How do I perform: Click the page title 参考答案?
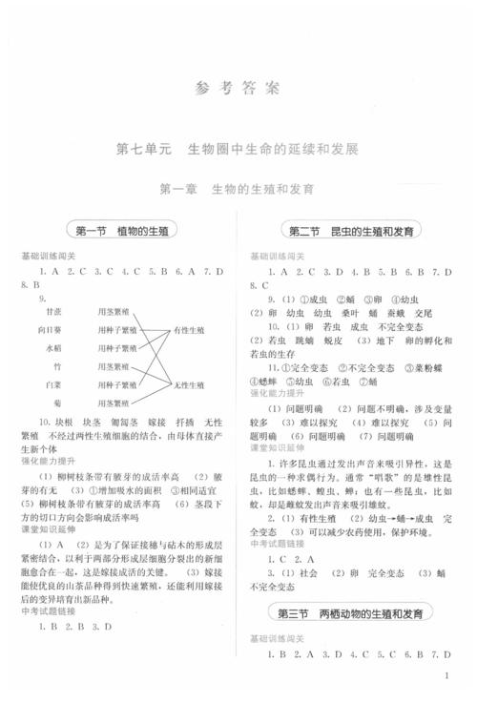tap(238, 89)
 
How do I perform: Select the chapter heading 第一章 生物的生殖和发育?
tap(238, 189)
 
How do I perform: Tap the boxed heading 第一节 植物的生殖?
tap(121, 232)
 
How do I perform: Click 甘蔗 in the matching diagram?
tap(54, 312)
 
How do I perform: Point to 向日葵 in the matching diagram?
tap(52, 330)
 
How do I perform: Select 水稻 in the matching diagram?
tap(54, 348)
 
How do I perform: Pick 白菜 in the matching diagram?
tap(54, 383)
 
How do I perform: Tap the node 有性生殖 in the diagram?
tap(188, 330)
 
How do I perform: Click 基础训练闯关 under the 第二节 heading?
tap(277, 257)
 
